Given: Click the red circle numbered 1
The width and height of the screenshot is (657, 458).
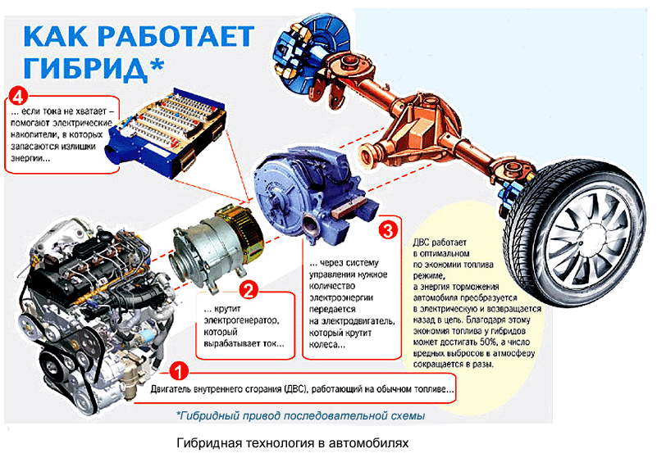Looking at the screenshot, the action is click(x=180, y=371).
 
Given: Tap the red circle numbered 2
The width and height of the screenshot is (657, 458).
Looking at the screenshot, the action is click(x=249, y=290).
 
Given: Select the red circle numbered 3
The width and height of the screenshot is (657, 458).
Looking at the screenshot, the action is click(x=388, y=230).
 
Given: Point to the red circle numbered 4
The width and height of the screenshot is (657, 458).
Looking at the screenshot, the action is click(x=17, y=97).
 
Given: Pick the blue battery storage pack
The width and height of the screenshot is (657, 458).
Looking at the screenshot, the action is click(x=167, y=132).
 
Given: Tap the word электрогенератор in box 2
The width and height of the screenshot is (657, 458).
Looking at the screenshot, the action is click(x=241, y=320).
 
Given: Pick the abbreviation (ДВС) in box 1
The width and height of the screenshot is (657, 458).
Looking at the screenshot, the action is click(x=296, y=389).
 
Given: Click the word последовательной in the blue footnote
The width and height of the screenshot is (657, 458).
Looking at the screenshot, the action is click(x=335, y=415).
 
